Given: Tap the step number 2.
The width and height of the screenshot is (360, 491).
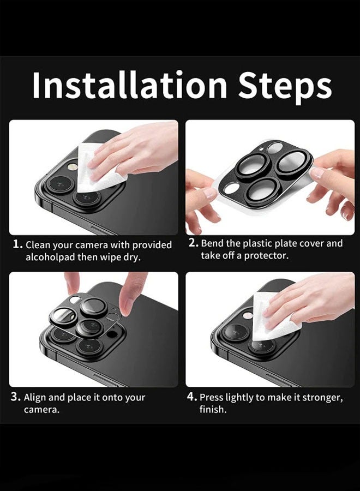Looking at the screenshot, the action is (x=193, y=243).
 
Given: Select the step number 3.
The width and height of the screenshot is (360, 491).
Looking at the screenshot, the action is (x=16, y=397).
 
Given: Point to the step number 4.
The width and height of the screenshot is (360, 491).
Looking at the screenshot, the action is (x=192, y=397).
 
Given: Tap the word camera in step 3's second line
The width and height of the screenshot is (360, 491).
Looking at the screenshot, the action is (x=41, y=410).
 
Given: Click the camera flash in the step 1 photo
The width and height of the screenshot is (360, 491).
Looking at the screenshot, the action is (x=73, y=166).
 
